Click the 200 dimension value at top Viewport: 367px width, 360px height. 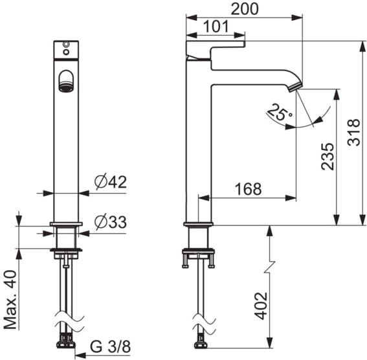click(x=245, y=9)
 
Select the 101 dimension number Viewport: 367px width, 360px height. click(x=216, y=27)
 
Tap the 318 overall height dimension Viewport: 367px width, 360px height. click(x=353, y=133)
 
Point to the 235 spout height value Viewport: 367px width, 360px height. click(x=328, y=156)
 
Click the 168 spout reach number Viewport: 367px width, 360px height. click(x=249, y=189)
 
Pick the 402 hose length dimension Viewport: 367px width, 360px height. click(x=261, y=306)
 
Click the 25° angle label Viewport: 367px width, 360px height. click(x=279, y=113)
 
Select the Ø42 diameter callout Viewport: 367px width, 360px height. click(x=111, y=182)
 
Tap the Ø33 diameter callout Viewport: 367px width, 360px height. click(x=111, y=221)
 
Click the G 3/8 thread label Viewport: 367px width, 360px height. click(x=111, y=346)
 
